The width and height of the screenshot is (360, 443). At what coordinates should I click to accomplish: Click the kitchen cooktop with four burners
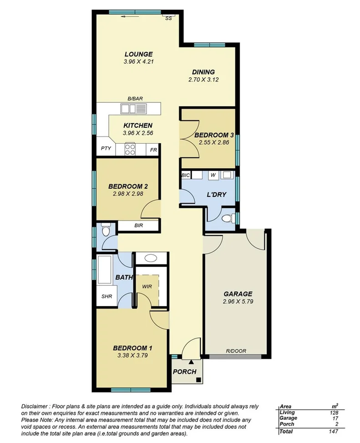(x=130, y=149)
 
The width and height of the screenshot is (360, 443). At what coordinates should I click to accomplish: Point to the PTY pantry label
(x=106, y=149)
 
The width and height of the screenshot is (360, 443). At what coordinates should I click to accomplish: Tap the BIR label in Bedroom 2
(x=139, y=225)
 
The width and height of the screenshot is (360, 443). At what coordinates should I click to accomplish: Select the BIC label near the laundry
(x=185, y=175)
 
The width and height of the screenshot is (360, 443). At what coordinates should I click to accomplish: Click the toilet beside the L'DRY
(x=227, y=217)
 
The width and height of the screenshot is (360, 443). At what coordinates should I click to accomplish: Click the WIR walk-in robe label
(x=147, y=287)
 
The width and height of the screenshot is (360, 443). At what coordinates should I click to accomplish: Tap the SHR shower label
(x=106, y=297)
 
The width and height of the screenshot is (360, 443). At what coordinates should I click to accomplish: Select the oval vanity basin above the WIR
(x=149, y=259)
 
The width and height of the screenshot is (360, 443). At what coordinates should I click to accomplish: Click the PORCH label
(x=185, y=372)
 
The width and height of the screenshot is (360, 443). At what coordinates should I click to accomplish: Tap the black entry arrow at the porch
(x=191, y=362)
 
